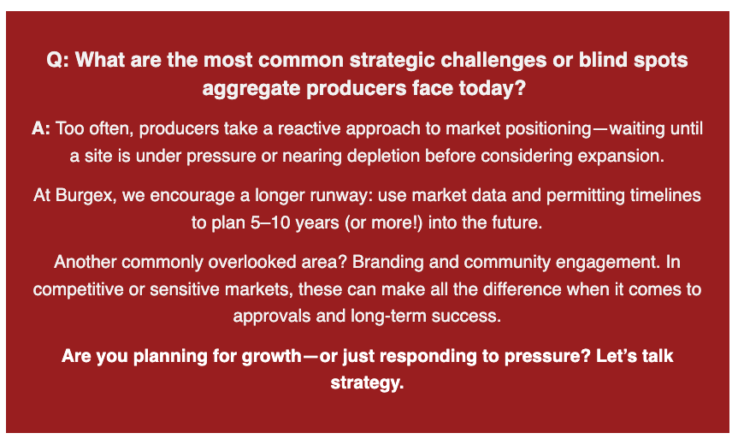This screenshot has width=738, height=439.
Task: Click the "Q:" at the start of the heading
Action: [x=58, y=60]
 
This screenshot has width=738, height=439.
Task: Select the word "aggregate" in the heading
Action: [x=251, y=88]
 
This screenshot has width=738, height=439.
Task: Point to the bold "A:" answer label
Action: [x=41, y=128]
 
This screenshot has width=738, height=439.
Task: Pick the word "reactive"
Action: [x=310, y=128]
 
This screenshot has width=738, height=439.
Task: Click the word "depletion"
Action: [x=383, y=156]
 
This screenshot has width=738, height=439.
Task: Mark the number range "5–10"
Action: [x=270, y=222]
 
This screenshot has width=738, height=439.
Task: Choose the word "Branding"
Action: [x=388, y=262]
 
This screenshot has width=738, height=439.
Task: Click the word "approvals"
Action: [x=272, y=316]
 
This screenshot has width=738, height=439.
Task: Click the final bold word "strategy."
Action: [x=367, y=383]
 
